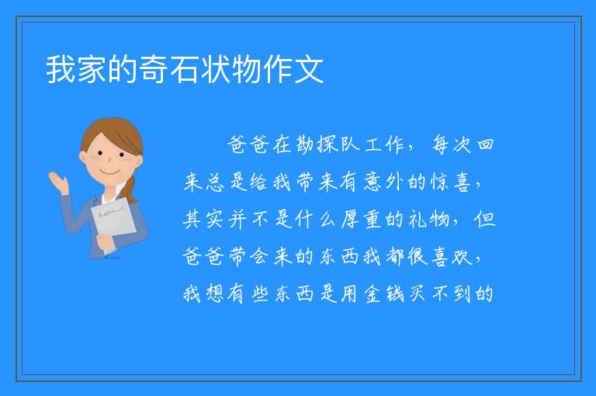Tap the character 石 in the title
coord(185,69)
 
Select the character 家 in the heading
coord(92,69)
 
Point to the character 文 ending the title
coord(309,69)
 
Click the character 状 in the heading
coord(216,69)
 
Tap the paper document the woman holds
coord(113,222)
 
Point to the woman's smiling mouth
coord(110,172)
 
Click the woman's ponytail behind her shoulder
coord(130,189)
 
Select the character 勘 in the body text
coord(305,145)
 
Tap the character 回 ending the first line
coord(485,145)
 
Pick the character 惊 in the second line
coord(440,182)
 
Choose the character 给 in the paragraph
coord(260,182)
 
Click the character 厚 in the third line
coord(350,219)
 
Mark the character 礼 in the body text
coord(418,219)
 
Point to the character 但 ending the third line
coord(485,219)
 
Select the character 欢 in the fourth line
coord(463,256)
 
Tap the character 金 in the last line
coord(372,294)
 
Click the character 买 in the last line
coord(418,294)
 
